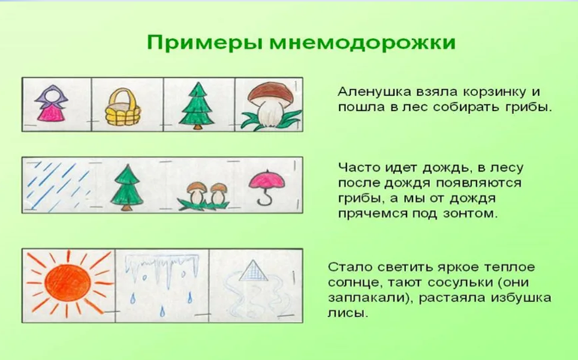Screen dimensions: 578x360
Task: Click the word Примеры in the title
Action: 205,43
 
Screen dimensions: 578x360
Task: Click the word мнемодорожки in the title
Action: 363,42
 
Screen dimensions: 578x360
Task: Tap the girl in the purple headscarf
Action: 52,103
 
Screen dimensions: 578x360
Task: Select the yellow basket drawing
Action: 123,106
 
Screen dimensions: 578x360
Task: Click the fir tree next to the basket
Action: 197,106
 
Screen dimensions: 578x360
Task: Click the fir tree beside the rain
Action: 127,187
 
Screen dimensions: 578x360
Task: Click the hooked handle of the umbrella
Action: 265,199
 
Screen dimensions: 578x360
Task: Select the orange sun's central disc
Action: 68,283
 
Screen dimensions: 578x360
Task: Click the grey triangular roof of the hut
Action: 253,271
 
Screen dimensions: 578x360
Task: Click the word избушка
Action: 520,298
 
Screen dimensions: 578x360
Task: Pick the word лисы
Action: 348,313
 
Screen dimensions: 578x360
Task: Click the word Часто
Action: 359,168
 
